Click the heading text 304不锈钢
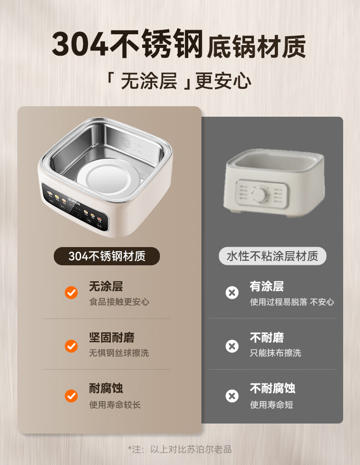(128, 44)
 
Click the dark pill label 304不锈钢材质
(107, 256)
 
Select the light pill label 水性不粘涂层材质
(273, 256)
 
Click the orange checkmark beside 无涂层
(71, 293)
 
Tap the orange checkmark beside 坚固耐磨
(71, 346)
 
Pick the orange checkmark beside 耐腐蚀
(71, 396)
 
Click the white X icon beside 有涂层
(232, 293)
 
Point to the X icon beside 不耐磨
(232, 346)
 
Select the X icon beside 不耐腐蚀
(232, 396)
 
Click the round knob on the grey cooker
(260, 194)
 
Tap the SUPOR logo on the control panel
(74, 201)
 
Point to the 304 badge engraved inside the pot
(125, 142)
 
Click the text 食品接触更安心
(119, 302)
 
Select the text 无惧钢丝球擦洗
(119, 353)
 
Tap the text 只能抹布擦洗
(276, 353)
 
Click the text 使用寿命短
(271, 404)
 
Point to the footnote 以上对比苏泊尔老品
(191, 449)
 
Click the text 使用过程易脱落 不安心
(292, 302)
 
